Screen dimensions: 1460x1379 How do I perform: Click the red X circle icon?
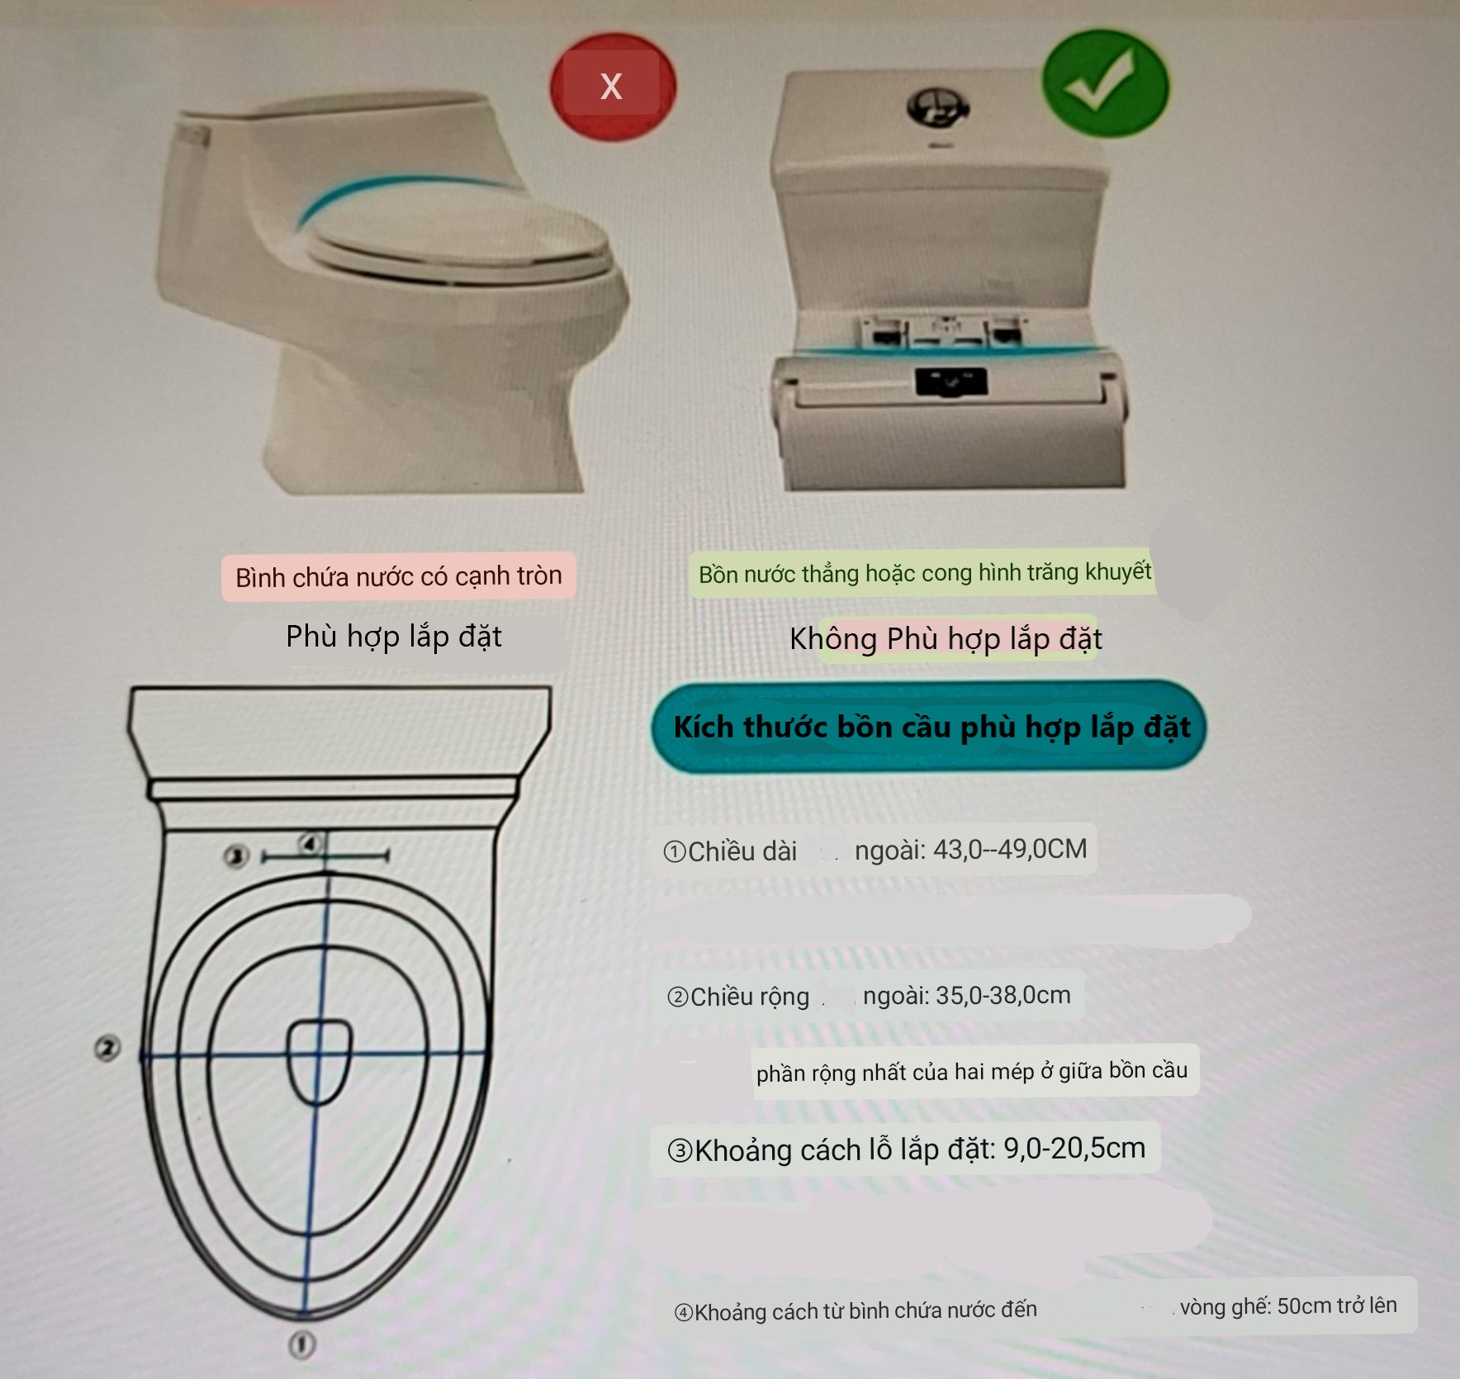coord(613,86)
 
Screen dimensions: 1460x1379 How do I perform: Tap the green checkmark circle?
coord(1105,83)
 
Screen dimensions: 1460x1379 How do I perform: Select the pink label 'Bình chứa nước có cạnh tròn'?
coord(398,576)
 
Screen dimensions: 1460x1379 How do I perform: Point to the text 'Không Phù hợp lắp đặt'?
coord(946,638)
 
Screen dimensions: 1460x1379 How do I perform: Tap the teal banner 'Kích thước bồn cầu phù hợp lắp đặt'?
coord(930,727)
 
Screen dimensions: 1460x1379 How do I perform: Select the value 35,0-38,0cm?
coord(1003,995)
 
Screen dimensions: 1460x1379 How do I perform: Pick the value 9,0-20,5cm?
coord(1074,1149)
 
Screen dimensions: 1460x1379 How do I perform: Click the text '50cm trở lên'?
coord(1337,1306)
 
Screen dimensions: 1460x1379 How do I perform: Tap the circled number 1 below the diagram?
coord(302,1344)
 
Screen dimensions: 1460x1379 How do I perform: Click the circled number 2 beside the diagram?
coord(107,1049)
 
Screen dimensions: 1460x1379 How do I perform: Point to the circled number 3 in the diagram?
coord(237,855)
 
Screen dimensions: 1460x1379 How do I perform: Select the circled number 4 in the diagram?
coord(310,844)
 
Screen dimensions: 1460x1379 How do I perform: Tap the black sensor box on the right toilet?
coord(951,381)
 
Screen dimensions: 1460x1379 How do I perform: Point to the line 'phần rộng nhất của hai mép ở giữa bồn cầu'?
coord(972,1071)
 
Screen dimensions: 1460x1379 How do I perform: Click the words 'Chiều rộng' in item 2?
coord(750,997)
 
